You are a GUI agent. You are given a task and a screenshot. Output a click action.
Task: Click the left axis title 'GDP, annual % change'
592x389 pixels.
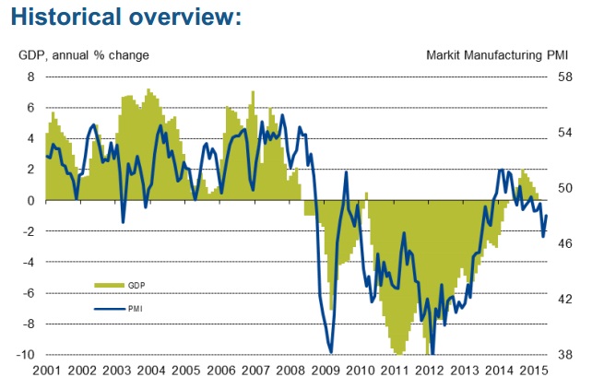point(84,55)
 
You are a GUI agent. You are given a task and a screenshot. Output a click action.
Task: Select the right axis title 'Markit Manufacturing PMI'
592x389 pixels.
point(497,55)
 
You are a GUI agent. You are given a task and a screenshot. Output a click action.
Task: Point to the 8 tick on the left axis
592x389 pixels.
point(31,77)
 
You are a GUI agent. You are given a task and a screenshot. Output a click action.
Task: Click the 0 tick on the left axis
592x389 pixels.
point(31,200)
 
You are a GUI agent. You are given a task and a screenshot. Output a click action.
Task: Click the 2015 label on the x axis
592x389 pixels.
point(534,371)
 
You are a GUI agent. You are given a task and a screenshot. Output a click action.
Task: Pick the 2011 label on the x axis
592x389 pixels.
point(396,371)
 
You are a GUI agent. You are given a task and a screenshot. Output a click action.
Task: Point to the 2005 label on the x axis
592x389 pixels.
point(185,371)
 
